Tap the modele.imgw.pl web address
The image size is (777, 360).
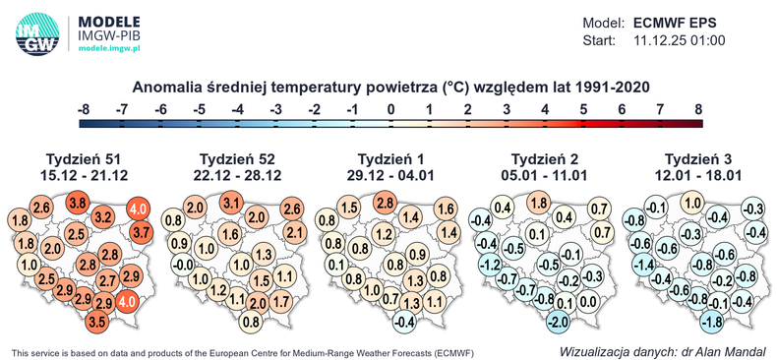click(109, 46)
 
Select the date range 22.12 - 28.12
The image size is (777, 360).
click(238, 175)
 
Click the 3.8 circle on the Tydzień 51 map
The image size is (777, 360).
click(78, 203)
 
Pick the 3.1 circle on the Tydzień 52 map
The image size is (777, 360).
click(232, 204)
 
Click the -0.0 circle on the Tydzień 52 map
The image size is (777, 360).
click(182, 265)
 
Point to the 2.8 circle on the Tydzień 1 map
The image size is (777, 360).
click(386, 203)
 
